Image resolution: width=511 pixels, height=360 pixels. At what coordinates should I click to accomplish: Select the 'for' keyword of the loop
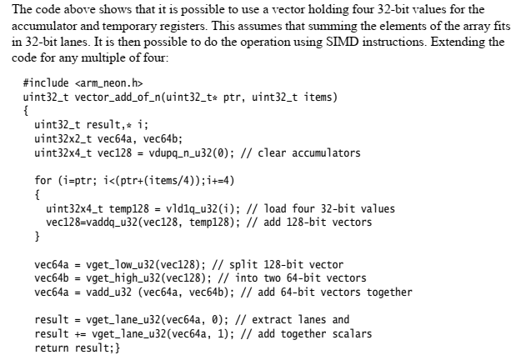[x=43, y=181]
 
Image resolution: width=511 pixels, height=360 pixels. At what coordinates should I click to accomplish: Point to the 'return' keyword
[x=51, y=347]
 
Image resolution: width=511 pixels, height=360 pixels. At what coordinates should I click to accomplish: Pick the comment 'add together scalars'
[x=302, y=333]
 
